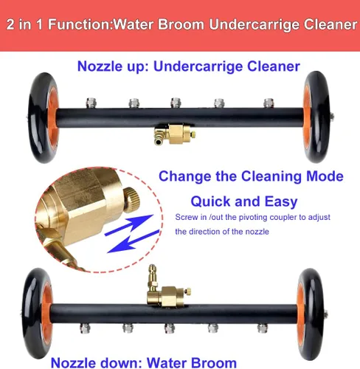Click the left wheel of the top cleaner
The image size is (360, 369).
pyautogui.click(x=43, y=117)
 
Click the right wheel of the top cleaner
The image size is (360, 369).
pyautogui.click(x=316, y=117)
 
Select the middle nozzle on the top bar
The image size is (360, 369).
pyautogui.click(x=176, y=103)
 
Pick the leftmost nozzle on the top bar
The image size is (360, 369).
pyautogui.click(x=91, y=103)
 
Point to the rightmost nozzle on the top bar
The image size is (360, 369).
pyautogui.click(x=269, y=103)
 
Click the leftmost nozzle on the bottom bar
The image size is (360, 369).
pyautogui.click(x=85, y=328)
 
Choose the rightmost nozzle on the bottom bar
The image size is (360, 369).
pyautogui.click(x=263, y=328)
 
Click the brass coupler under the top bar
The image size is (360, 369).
pyautogui.click(x=175, y=134)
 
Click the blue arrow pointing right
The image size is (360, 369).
pyautogui.click(x=129, y=224)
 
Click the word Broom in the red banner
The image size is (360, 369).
pyautogui.click(x=181, y=24)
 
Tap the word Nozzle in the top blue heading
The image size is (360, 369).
pyautogui.click(x=100, y=66)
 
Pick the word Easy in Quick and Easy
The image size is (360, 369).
pyautogui.click(x=281, y=202)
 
